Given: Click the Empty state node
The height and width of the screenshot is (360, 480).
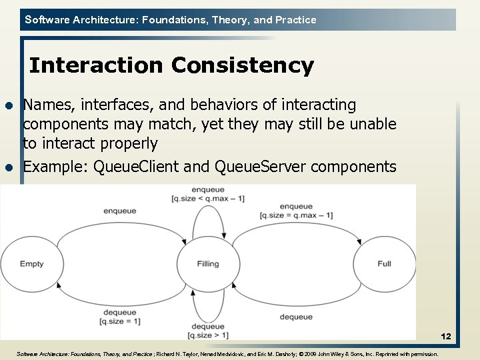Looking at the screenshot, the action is pyautogui.click(x=31, y=264).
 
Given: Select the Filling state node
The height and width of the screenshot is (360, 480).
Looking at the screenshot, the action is pyautogui.click(x=208, y=264).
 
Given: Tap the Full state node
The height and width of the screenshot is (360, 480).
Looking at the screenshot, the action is pyautogui.click(x=384, y=264).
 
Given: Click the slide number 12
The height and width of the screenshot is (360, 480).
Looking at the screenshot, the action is pyautogui.click(x=446, y=338).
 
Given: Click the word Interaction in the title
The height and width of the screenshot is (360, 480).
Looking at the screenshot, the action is pyautogui.click(x=97, y=65).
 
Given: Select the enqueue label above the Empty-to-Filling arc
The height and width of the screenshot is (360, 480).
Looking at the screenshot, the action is pyautogui.click(x=119, y=211).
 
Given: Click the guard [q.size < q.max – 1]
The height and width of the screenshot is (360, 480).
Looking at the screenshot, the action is pyautogui.click(x=207, y=199).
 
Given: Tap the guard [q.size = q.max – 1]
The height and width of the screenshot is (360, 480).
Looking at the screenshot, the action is pyautogui.click(x=296, y=215).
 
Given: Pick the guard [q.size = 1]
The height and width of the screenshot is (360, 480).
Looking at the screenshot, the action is pyautogui.click(x=119, y=321).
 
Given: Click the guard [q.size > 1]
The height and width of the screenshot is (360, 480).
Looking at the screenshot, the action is pyautogui.click(x=207, y=335).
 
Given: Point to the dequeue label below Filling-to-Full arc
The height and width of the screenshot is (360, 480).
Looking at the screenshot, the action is pyautogui.click(x=296, y=317).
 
